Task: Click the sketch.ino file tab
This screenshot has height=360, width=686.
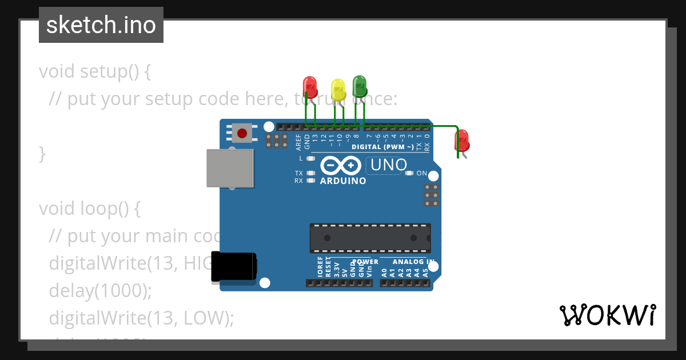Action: pos(101,25)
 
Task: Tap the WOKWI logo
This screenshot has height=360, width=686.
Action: pos(607,315)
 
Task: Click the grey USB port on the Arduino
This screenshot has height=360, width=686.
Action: pos(230,168)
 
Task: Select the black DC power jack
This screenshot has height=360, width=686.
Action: pos(233,266)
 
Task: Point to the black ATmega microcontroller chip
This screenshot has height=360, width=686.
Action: pos(370,238)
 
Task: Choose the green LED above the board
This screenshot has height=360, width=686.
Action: pos(360,86)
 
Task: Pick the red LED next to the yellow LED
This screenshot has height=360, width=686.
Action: pos(310,87)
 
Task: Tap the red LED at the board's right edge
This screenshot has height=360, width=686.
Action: pos(461,141)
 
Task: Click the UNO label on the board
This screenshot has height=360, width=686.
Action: pos(389,165)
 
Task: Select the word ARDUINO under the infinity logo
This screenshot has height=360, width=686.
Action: pos(343,181)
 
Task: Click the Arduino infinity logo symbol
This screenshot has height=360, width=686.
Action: pos(341,166)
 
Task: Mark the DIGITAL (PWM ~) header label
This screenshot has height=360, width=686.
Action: pos(382,147)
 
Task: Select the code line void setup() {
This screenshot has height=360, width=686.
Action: pos(94,72)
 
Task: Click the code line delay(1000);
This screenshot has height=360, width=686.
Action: pos(100,290)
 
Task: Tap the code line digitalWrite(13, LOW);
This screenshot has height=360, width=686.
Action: pos(141,317)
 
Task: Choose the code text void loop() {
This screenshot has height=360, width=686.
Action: pos(89,209)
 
